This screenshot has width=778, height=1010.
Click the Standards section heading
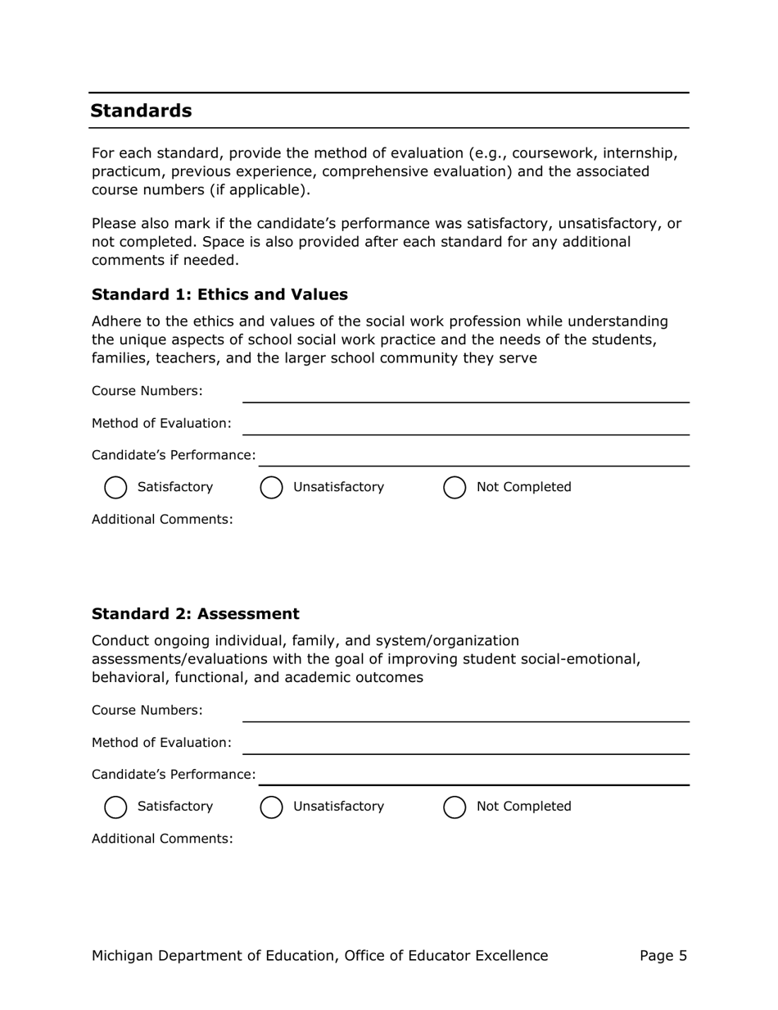pyautogui.click(x=141, y=111)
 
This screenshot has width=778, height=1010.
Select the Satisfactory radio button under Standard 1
pyautogui.click(x=116, y=488)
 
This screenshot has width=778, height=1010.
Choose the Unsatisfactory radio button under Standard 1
pyautogui.click(x=271, y=488)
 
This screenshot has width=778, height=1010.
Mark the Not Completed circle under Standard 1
pyautogui.click(x=455, y=488)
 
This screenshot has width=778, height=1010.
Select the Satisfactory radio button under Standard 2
pyautogui.click(x=116, y=807)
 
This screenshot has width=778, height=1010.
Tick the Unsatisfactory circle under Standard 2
pyautogui.click(x=271, y=807)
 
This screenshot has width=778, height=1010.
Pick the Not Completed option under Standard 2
pyautogui.click(x=455, y=807)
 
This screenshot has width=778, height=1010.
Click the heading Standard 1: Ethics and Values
pyautogui.click(x=219, y=294)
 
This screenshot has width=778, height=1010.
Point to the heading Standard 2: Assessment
pyautogui.click(x=195, y=614)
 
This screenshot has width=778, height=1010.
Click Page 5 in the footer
pyautogui.click(x=663, y=956)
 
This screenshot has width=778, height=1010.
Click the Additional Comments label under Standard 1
pyautogui.click(x=162, y=520)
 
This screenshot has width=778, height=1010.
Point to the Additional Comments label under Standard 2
pyautogui.click(x=162, y=839)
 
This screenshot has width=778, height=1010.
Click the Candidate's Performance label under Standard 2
pyautogui.click(x=173, y=775)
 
